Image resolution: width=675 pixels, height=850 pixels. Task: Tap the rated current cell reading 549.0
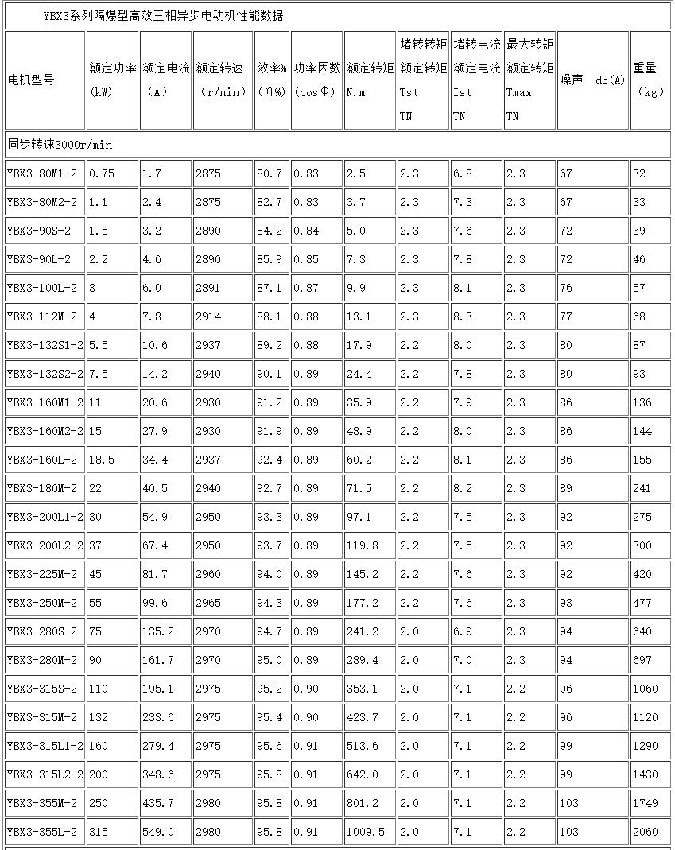[157, 832]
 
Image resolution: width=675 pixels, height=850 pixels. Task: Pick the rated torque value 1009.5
[365, 832]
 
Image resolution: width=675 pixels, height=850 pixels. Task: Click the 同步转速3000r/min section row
[60, 145]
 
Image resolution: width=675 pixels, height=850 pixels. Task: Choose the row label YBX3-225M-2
[42, 574]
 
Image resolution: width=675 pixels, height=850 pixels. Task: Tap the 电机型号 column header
[31, 80]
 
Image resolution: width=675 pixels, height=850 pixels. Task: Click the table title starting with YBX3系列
[162, 16]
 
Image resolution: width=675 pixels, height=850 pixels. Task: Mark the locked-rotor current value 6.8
[462, 173]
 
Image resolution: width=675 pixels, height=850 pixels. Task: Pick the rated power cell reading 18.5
[101, 460]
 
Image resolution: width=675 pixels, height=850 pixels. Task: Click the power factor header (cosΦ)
[316, 80]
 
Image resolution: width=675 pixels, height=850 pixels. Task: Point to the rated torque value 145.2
[362, 574]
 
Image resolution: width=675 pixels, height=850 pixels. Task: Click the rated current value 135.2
[157, 631]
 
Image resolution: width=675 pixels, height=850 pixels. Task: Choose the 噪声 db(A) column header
[592, 80]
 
